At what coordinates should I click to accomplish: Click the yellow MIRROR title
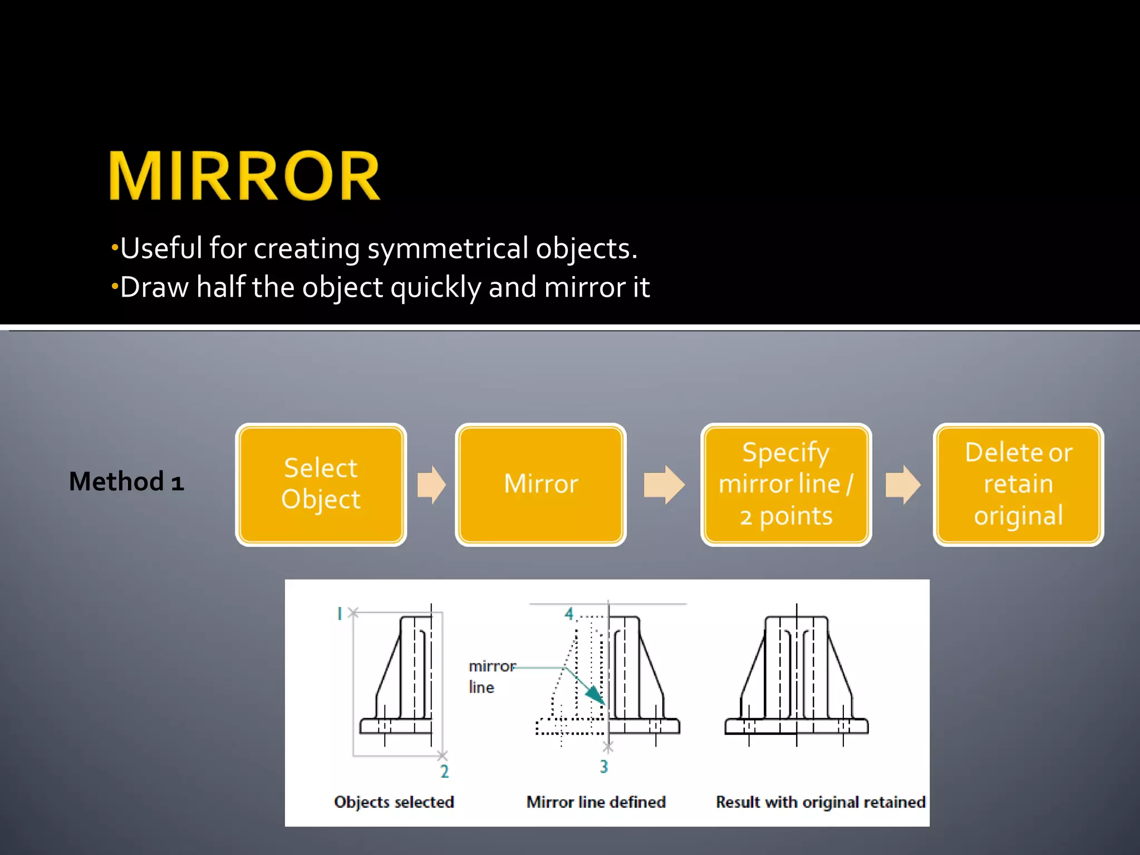tap(244, 176)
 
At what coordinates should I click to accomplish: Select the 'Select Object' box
tap(321, 484)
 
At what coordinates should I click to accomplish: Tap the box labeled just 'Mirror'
tap(540, 484)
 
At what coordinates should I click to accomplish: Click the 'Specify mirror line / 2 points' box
tap(785, 484)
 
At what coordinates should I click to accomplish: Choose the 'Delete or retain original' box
tap(1018, 484)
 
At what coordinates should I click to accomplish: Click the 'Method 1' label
tap(126, 481)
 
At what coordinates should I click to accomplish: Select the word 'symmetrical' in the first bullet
tap(448, 248)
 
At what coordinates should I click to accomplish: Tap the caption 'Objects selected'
tap(394, 802)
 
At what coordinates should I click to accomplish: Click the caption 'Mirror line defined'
tap(596, 802)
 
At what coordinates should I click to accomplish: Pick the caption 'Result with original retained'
tap(820, 802)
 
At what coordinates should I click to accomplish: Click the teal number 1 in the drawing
tap(339, 614)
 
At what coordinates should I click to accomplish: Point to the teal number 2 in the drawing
tap(444, 772)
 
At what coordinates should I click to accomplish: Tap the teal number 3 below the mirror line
tap(604, 767)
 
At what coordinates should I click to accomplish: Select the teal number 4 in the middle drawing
tap(569, 614)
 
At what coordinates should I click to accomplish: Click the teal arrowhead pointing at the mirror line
tap(596, 696)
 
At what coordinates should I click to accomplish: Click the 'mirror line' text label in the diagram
tap(491, 677)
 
